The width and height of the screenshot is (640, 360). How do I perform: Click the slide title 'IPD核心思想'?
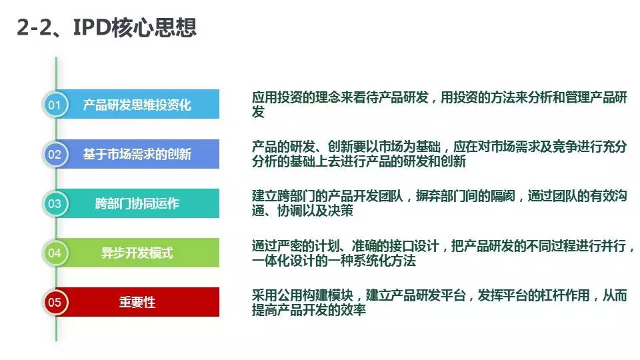(135, 28)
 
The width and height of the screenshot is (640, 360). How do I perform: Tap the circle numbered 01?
(55, 105)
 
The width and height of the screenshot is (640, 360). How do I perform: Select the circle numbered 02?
(55, 154)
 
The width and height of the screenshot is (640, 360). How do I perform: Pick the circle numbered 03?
(55, 203)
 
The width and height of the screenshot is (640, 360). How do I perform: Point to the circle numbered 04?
(55, 253)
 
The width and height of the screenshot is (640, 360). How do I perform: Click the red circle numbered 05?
(55, 302)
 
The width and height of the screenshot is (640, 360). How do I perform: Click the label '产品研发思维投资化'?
(137, 105)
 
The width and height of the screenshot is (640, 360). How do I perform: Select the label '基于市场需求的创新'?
(137, 154)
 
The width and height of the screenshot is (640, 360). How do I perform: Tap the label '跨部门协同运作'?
(137, 203)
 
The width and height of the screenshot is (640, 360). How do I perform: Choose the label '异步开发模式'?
(137, 253)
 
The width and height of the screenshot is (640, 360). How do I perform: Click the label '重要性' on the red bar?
(137, 303)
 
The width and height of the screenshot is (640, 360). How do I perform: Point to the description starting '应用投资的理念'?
(439, 104)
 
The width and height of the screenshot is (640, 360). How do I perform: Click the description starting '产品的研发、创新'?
(439, 153)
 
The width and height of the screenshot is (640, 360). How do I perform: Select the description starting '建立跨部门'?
(439, 203)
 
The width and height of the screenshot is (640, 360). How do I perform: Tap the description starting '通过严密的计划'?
(443, 253)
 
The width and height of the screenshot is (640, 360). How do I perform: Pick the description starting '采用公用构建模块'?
(439, 302)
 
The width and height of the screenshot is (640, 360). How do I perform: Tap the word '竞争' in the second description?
(565, 147)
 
